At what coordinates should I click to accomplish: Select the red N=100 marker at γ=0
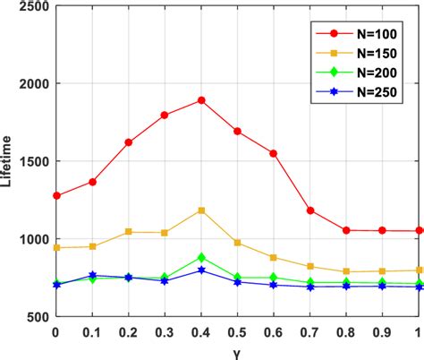point(56,195)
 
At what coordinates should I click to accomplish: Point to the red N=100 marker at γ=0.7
point(310,210)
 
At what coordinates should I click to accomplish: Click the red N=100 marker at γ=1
point(419,230)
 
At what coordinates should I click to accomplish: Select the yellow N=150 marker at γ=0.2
point(129,232)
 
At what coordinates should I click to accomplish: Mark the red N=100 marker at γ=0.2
point(129,142)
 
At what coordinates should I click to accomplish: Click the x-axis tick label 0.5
point(238,332)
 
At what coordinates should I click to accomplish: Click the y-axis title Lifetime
point(8,161)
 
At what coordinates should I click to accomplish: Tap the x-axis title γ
point(237,351)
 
